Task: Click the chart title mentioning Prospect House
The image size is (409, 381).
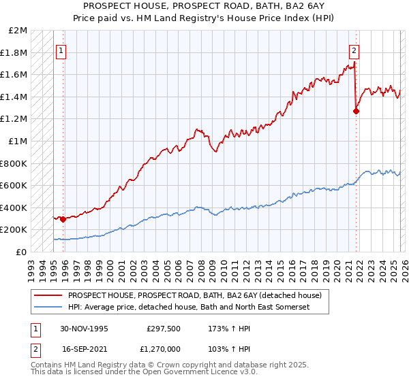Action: (x=204, y=6)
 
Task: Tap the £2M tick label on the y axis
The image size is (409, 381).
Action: (x=18, y=31)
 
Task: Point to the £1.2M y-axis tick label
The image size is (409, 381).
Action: (x=14, y=119)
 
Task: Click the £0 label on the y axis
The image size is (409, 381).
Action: (x=22, y=252)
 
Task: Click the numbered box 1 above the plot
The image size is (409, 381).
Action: (x=61, y=50)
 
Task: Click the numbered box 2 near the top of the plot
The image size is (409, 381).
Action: (x=354, y=50)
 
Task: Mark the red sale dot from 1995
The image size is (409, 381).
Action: (x=63, y=219)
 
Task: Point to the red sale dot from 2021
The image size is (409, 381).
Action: (x=356, y=112)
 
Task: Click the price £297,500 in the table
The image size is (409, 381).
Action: (x=162, y=329)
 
